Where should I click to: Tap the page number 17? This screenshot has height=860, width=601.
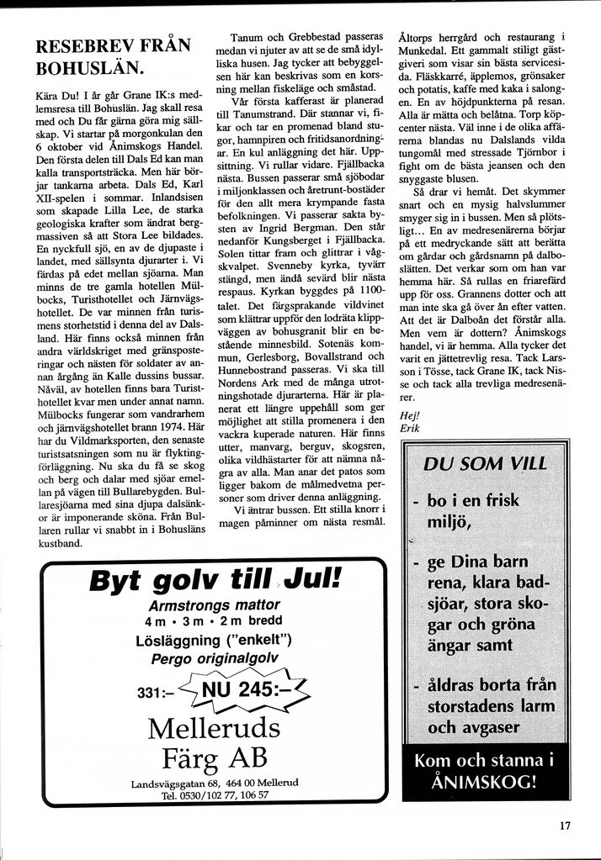pyautogui.click(x=564, y=825)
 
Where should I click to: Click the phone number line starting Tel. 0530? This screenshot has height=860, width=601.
pyautogui.click(x=215, y=794)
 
